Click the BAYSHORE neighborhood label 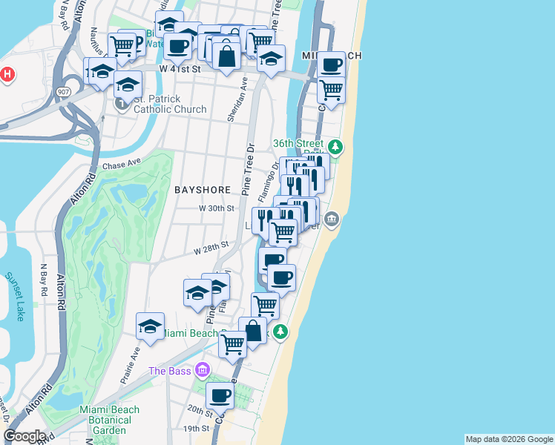(197, 190)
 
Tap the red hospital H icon (7, 75)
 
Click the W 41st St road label (180, 68)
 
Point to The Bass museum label (169, 371)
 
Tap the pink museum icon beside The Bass (202, 371)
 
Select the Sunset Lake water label (15, 296)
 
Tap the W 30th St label (217, 209)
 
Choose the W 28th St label (211, 247)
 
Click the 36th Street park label (298, 144)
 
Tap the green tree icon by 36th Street (335, 146)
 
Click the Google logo (24, 436)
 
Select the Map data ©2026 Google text (509, 439)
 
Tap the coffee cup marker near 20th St (220, 396)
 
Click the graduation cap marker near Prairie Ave (150, 326)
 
